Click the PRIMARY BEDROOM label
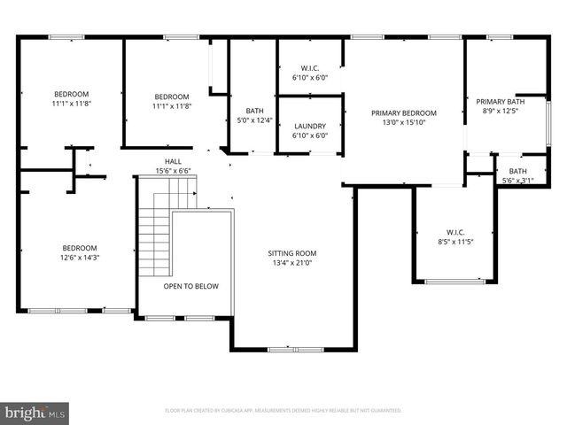click(x=404, y=113)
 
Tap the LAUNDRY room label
click(x=310, y=127)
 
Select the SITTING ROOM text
click(x=292, y=253)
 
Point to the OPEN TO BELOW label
click(x=190, y=286)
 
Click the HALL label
click(x=173, y=161)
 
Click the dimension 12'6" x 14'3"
click(x=79, y=258)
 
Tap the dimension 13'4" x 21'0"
click(x=292, y=263)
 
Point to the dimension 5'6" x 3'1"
click(x=518, y=181)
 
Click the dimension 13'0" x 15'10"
click(x=404, y=123)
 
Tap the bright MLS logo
click(x=35, y=412)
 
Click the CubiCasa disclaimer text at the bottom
click(x=283, y=411)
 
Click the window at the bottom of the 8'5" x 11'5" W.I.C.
click(x=454, y=282)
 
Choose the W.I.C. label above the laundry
click(x=310, y=68)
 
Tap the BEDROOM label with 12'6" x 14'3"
click(x=79, y=248)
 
